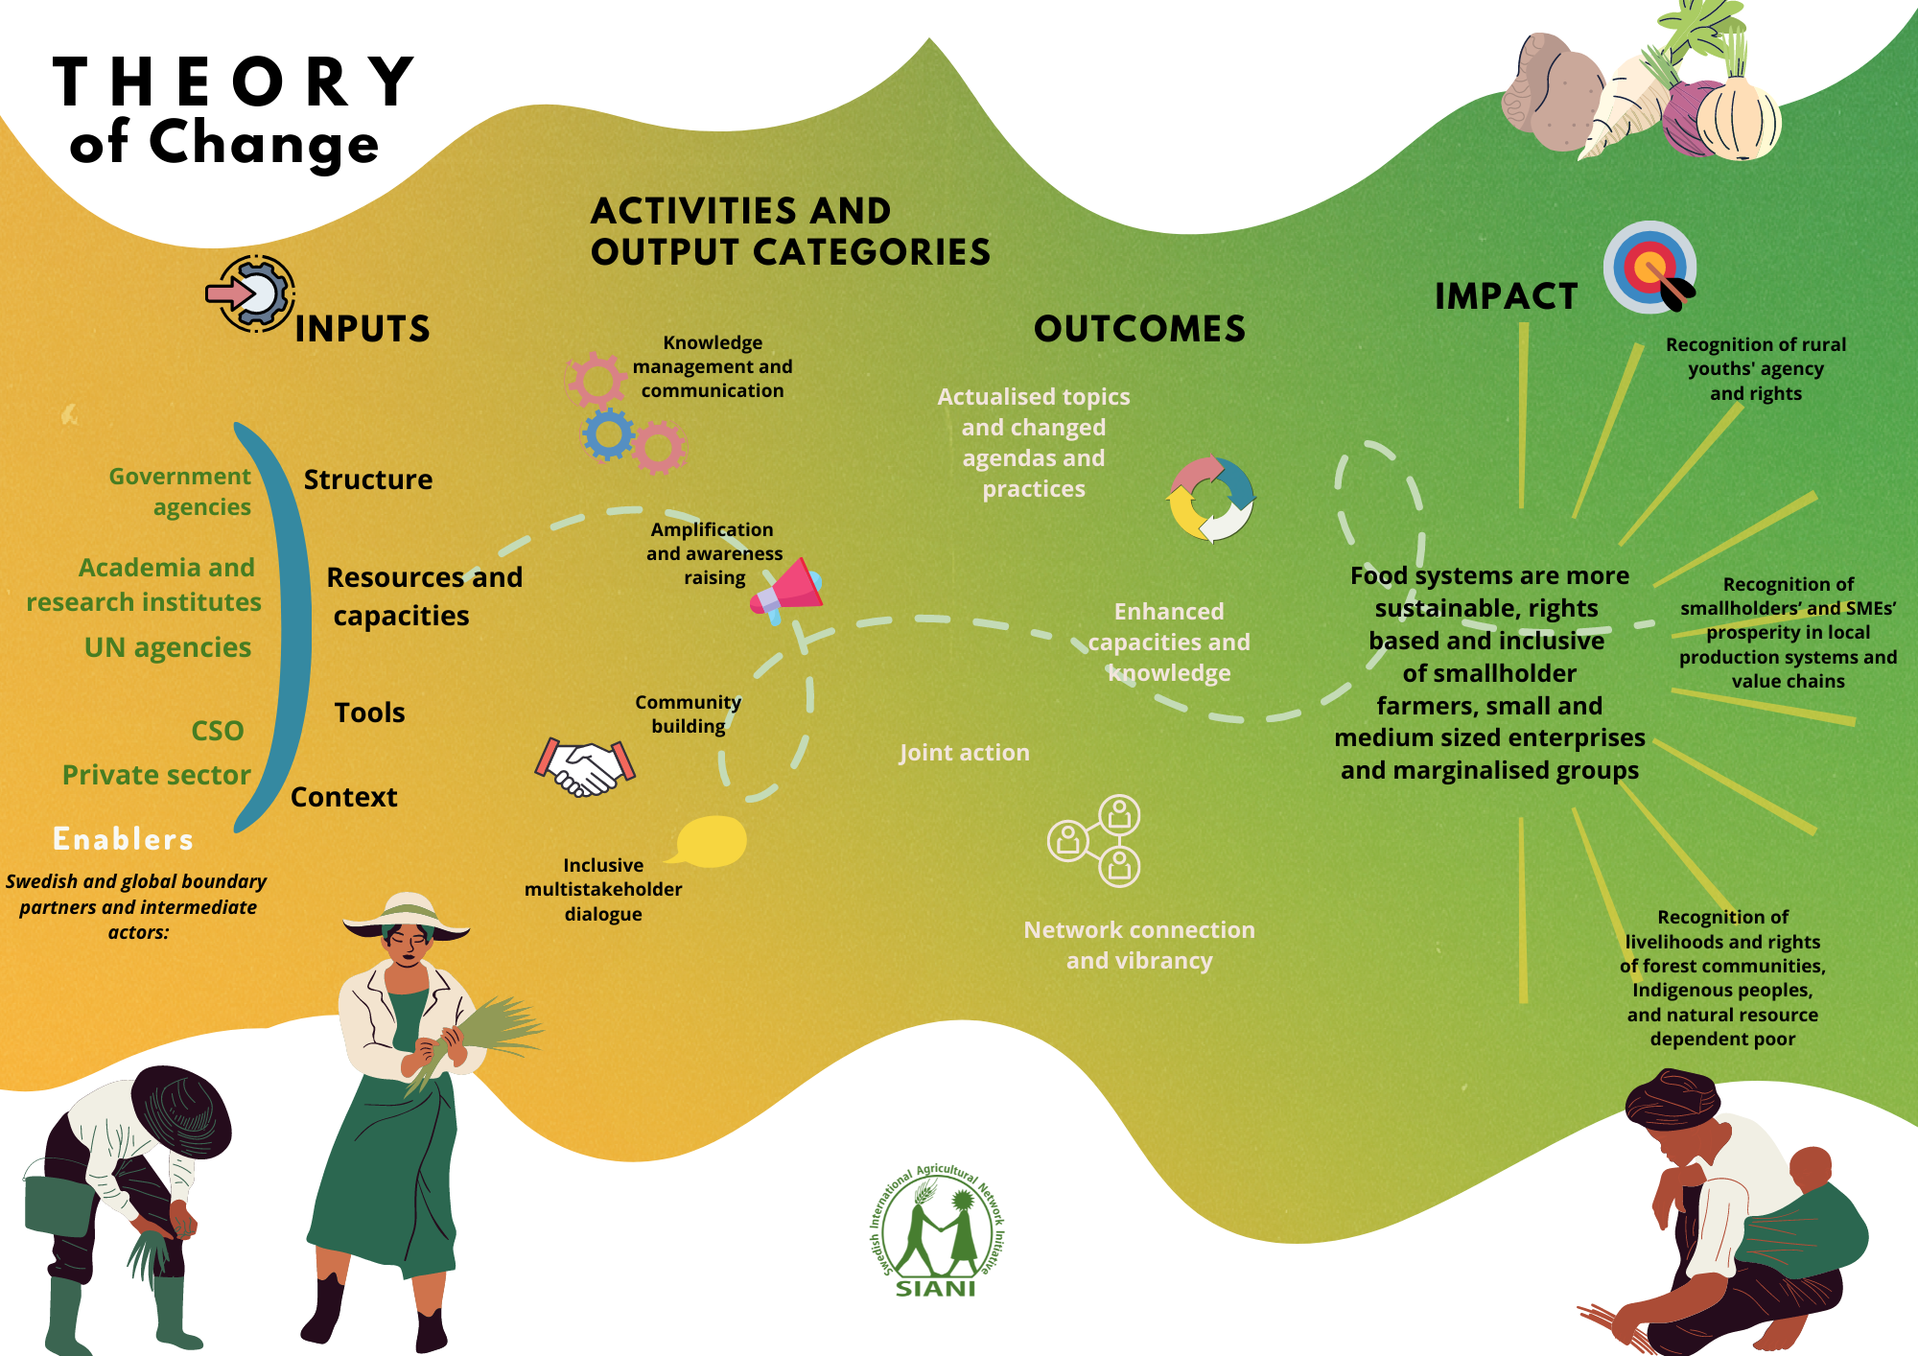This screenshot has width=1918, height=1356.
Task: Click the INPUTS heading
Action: pyautogui.click(x=363, y=329)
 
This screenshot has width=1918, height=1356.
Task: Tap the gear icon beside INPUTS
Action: pyautogui.click(x=251, y=293)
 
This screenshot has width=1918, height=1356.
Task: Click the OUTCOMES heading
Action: pyautogui.click(x=1139, y=329)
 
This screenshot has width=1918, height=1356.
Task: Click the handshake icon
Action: pyautogui.click(x=585, y=767)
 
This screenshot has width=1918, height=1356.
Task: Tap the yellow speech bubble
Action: pyautogui.click(x=712, y=841)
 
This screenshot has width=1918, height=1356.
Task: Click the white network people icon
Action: pyautogui.click(x=1095, y=841)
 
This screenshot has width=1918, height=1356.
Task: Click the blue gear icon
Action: pyautogui.click(x=608, y=434)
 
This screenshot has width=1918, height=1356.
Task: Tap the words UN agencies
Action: pyautogui.click(x=168, y=648)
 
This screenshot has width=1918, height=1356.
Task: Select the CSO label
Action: pyautogui.click(x=218, y=731)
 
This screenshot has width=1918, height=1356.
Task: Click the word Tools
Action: pyautogui.click(x=369, y=713)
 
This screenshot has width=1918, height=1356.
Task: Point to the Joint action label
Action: pyautogui.click(x=964, y=753)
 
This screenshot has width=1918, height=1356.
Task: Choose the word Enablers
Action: pyautogui.click(x=123, y=839)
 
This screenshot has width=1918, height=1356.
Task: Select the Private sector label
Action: pyautogui.click(x=156, y=775)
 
